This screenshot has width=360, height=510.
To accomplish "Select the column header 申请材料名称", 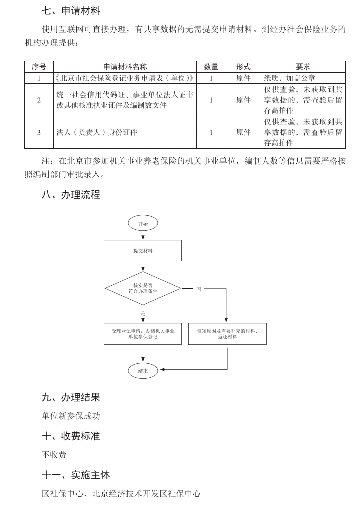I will (125, 66).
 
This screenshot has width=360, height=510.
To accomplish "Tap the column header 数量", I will (211, 66).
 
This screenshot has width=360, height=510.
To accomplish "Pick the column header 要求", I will (303, 66).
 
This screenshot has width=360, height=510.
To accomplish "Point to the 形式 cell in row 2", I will (243, 100).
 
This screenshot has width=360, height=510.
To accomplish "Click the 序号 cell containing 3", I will (39, 132).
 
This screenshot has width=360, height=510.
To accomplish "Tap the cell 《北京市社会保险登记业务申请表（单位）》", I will (125, 78).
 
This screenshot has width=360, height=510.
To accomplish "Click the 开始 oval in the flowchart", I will (143, 224).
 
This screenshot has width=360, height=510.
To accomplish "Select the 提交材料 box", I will (143, 251).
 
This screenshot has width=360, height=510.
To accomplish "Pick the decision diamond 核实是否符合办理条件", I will (143, 288).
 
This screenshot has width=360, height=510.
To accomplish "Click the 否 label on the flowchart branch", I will (199, 289).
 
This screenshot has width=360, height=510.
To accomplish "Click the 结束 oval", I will (143, 370).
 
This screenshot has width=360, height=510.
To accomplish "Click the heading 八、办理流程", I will (71, 195).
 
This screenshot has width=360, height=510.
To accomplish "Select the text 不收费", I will (54, 455).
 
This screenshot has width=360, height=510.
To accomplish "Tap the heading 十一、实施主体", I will (76, 475).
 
